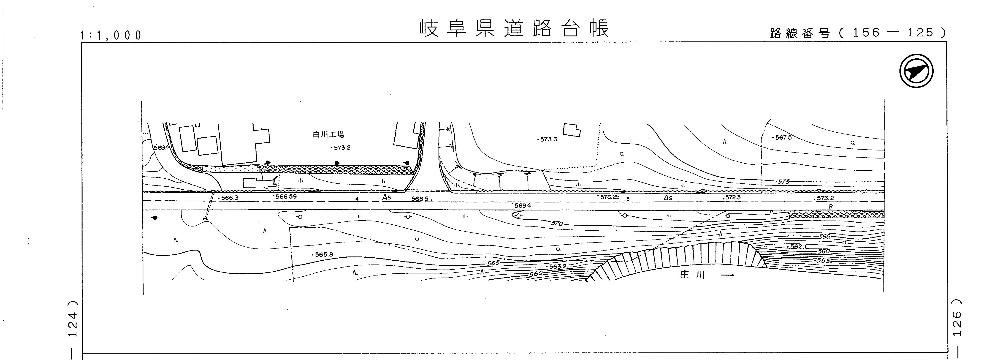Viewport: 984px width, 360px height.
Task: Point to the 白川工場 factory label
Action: tap(328, 134)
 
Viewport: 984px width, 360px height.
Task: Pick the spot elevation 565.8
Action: tap(324, 254)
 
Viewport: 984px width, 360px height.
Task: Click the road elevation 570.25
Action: tap(610, 197)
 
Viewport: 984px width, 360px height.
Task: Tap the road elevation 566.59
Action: tap(286, 197)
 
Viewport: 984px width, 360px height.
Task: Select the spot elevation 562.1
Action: tap(798, 246)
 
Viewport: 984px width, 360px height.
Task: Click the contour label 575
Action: tap(783, 182)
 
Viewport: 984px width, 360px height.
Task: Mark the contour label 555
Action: tap(823, 261)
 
